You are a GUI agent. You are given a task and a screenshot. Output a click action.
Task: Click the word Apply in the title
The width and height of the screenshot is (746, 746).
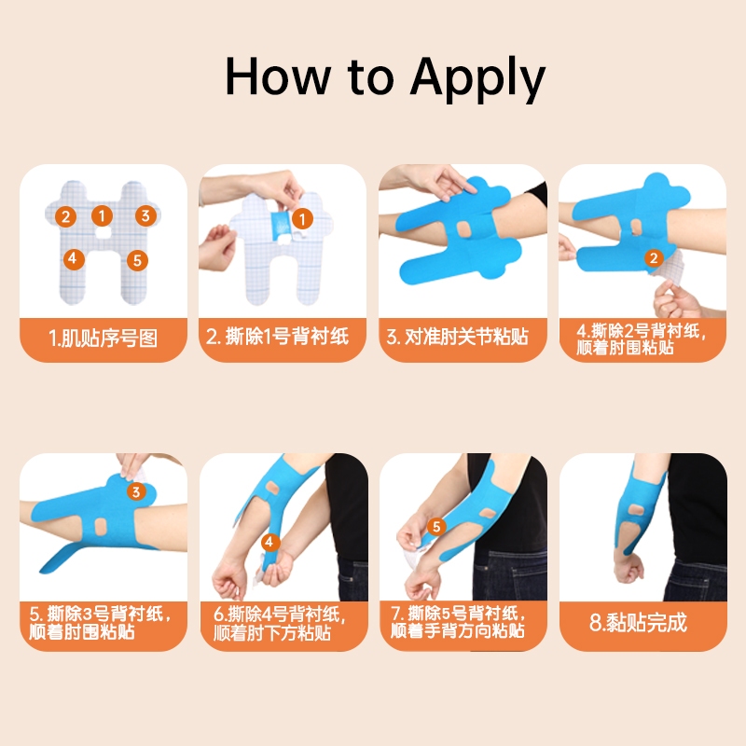point(477,77)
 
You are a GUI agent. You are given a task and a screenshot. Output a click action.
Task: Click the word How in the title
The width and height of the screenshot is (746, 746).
point(278,76)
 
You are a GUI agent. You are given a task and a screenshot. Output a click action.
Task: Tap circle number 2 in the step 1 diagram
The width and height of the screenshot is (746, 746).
point(65,216)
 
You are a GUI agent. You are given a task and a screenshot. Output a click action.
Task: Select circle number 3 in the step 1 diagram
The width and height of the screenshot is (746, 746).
point(145,215)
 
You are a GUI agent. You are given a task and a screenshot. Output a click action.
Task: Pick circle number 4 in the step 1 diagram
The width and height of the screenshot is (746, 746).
point(74,259)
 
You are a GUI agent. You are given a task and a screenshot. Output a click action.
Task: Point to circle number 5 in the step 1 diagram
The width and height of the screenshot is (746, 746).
point(137,260)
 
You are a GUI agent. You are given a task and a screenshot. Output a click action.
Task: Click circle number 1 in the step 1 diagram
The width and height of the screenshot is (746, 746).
point(102,215)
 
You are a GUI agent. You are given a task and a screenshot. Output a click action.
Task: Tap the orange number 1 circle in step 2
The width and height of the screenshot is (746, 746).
point(301,219)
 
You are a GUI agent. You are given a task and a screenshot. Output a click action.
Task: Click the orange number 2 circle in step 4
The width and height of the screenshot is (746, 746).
point(654,258)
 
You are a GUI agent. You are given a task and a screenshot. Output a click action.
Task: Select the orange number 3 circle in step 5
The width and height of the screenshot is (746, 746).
point(136,491)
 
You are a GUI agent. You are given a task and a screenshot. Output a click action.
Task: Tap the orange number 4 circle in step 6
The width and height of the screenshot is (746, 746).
point(269,542)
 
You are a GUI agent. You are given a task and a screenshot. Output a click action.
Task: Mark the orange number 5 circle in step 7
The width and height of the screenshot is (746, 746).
point(436,526)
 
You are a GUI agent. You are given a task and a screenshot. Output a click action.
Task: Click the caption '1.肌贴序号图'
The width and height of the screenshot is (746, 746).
point(103,338)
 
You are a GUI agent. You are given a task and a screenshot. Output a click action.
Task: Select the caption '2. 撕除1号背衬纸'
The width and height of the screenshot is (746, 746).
point(277,337)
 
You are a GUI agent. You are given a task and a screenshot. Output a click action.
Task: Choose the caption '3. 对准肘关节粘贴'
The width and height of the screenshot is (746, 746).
point(457,337)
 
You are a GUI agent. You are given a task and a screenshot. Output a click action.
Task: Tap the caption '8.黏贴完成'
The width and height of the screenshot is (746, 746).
point(639,622)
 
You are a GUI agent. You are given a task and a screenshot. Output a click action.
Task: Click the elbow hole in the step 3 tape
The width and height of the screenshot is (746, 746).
point(463,229)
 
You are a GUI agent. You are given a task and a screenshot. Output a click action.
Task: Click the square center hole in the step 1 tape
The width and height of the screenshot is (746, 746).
point(102,232)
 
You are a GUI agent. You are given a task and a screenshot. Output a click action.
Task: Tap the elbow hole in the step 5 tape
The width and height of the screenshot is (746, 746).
point(101,527)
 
